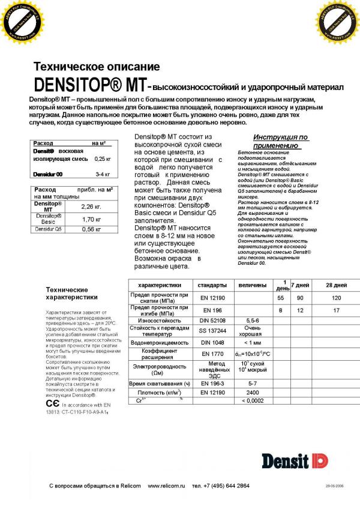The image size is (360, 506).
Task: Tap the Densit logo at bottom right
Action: point(295,460)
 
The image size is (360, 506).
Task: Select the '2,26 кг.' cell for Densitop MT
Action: point(91,207)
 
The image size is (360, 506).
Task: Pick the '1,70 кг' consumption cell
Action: point(91,219)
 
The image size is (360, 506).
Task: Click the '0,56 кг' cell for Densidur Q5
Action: point(91,229)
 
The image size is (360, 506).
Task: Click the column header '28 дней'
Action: point(336,285)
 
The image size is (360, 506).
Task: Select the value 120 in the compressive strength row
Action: point(336,298)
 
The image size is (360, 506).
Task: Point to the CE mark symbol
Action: point(52,405)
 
